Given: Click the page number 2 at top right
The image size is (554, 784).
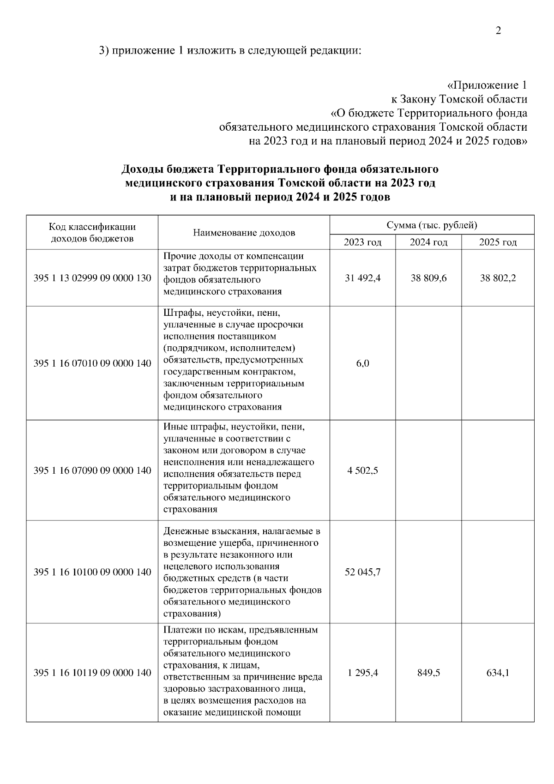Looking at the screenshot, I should click(498, 31).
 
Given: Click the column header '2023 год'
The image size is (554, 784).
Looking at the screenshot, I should click(362, 242).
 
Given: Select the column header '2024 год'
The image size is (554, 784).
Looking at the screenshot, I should click(428, 242).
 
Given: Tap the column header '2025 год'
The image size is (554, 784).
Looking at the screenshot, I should click(498, 242).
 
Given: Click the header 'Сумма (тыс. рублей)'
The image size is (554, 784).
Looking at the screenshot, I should click(432, 225).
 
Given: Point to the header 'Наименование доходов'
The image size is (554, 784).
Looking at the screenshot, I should click(244, 233).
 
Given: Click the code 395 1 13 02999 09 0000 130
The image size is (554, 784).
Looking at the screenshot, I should click(92, 278).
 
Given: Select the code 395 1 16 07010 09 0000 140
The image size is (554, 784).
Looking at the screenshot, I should click(92, 363).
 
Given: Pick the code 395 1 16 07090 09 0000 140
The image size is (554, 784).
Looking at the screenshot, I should click(92, 470).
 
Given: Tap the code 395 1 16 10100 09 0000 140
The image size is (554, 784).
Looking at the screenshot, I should click(92, 572).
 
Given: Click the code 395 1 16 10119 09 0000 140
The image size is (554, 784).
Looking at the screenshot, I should click(92, 673).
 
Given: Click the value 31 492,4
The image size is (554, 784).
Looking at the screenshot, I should click(362, 278).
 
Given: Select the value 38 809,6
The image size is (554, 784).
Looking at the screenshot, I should click(428, 278).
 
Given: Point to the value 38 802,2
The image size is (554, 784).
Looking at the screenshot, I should click(498, 278).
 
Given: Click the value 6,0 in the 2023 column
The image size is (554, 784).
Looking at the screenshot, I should click(362, 363).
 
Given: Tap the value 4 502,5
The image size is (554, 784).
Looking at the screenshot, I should click(362, 470).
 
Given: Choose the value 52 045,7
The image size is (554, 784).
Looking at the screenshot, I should click(362, 572).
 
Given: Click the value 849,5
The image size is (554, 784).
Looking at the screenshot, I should click(428, 673).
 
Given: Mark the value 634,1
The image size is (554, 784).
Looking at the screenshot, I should click(498, 673).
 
